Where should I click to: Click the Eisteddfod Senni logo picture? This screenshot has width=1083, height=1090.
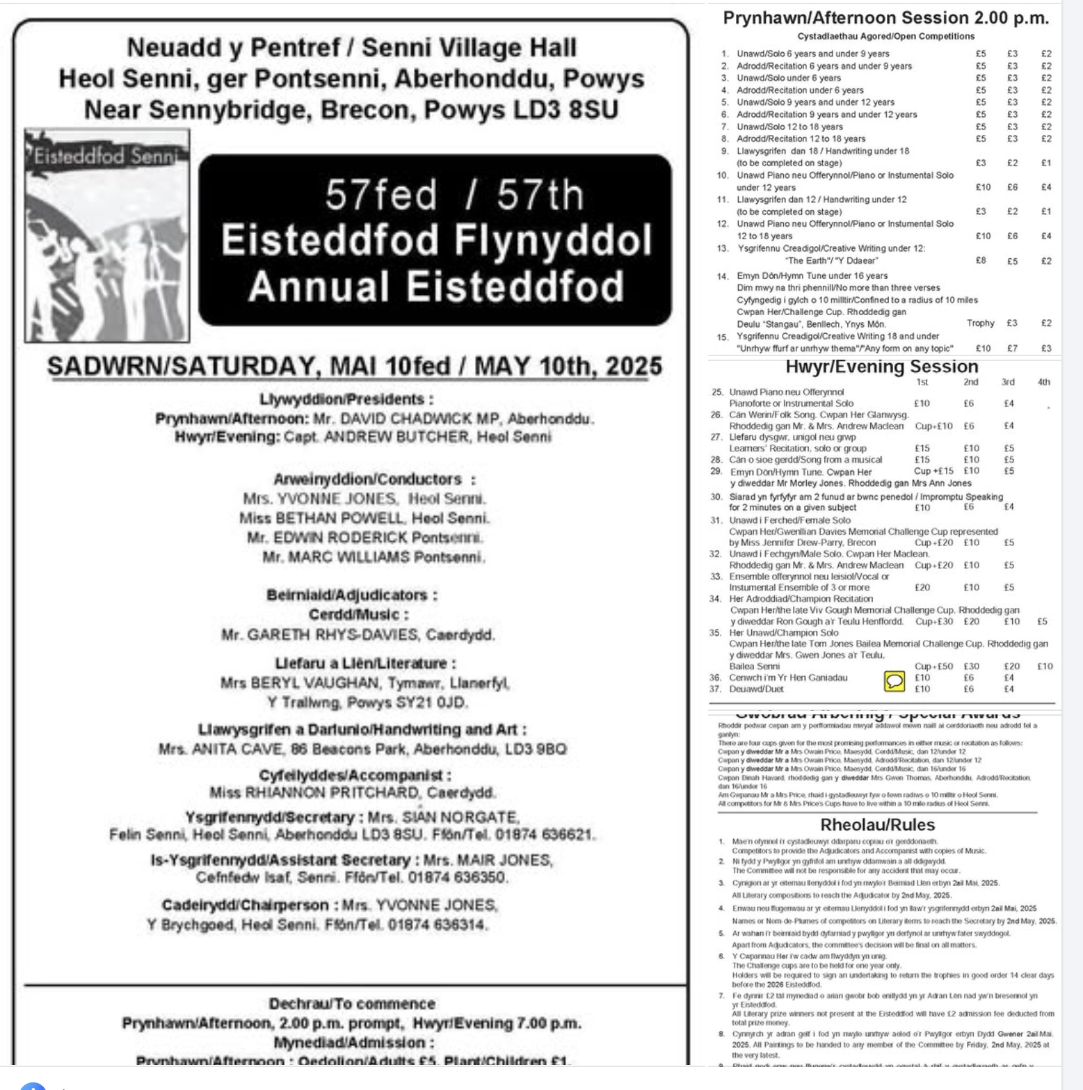tap(107, 236)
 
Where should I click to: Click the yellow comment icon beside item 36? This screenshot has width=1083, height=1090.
tap(894, 681)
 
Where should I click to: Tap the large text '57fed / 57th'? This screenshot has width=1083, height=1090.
tap(454, 195)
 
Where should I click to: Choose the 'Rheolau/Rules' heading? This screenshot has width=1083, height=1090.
tap(877, 825)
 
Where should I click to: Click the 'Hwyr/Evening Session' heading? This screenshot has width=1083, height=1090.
tap(881, 367)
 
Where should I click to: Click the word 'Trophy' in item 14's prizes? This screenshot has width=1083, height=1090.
tap(980, 323)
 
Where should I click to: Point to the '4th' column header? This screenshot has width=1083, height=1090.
tap(1043, 382)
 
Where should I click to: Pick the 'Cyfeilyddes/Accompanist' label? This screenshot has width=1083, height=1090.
tap(354, 775)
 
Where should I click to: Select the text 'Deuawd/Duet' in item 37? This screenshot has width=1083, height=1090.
tap(756, 689)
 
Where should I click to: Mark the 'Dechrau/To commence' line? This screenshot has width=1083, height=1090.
tap(352, 1004)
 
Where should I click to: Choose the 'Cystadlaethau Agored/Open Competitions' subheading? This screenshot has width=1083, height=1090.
tap(885, 36)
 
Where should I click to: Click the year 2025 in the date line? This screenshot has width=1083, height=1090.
tap(634, 367)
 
